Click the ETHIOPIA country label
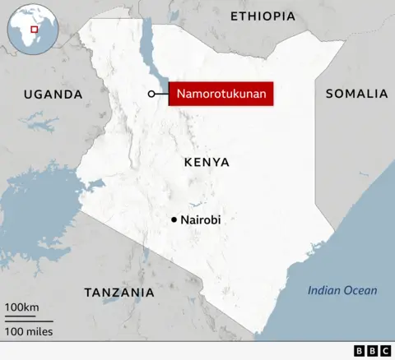click(x=263, y=16)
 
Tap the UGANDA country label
click(x=53, y=95)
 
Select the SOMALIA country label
click(x=356, y=94)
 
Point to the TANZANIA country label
click(x=119, y=293)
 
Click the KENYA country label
click(x=207, y=162)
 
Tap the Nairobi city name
click(x=201, y=219)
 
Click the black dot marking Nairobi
click(x=174, y=219)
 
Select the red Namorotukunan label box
click(x=221, y=95)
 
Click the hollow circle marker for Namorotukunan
click(x=151, y=95)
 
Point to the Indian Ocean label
click(x=342, y=290)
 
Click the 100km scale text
click(x=22, y=307)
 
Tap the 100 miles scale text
click(x=29, y=331)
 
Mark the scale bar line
click(x=29, y=320)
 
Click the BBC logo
click(x=372, y=351)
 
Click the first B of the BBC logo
click(x=359, y=351)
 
